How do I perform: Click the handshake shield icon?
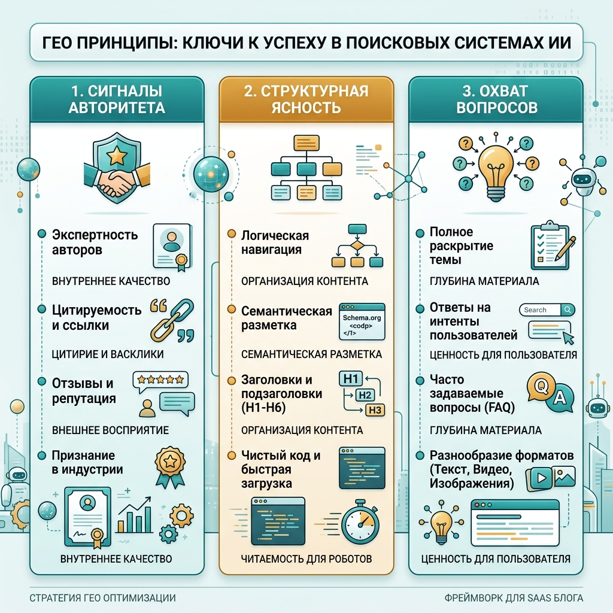coord(116,168)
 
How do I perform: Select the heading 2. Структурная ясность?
coord(306,99)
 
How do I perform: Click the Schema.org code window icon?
coord(362,321)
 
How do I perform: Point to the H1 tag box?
coord(350,378)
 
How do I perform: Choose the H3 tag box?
coord(375,410)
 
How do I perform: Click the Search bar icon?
coord(547,309)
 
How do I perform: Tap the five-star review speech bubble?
coord(160,380)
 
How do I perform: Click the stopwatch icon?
coord(360,521)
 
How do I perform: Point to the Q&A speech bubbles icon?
coord(551,392)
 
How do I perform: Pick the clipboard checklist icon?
coord(551,246)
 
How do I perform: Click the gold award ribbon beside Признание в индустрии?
coord(170,467)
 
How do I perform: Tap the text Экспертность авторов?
coord(95,242)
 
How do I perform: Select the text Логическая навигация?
coord(275,242)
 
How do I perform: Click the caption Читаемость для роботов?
coord(306,559)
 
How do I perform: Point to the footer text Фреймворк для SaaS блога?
coord(514,598)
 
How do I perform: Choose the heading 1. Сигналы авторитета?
coord(117,99)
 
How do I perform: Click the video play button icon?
coord(541,478)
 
